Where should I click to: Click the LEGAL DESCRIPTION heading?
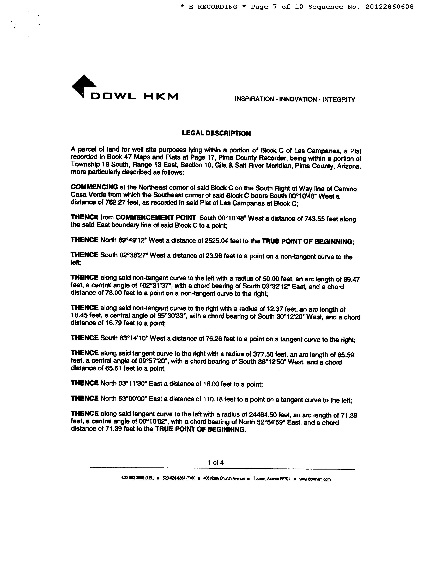tap(216, 133)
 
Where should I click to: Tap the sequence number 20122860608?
tap(389, 7)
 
